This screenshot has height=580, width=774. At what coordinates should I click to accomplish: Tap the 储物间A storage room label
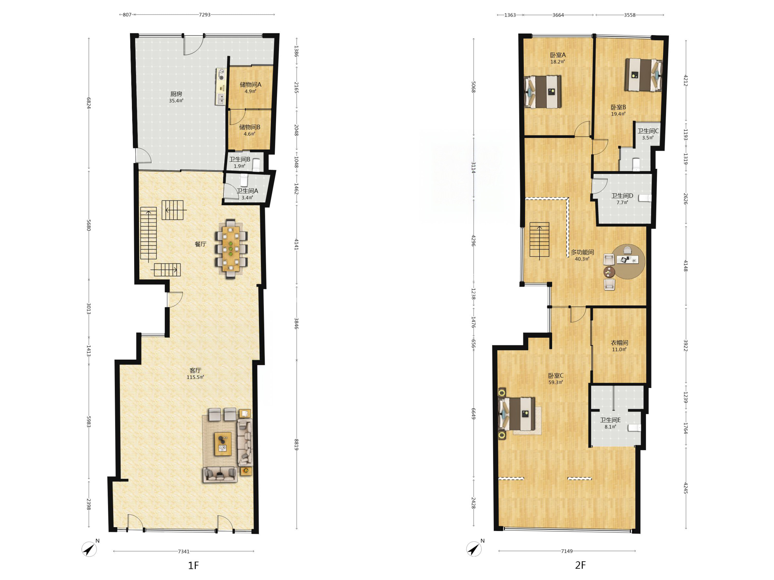(x=250, y=85)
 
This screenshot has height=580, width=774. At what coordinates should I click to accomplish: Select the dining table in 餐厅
(x=231, y=248)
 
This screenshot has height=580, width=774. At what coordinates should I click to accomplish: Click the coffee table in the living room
(x=223, y=444)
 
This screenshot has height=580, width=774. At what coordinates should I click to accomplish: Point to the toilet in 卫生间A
(x=244, y=180)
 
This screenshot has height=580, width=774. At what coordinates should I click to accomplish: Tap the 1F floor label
(x=193, y=566)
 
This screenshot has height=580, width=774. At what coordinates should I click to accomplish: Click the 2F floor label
(x=580, y=565)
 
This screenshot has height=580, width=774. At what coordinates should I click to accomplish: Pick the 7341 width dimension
(x=184, y=551)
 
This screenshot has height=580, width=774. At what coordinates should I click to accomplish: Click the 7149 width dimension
(x=567, y=551)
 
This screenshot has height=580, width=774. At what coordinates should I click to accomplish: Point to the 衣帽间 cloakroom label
(x=619, y=343)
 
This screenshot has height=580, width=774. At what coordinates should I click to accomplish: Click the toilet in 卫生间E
(x=634, y=428)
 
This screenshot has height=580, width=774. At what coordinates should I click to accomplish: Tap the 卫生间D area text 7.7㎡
(x=622, y=202)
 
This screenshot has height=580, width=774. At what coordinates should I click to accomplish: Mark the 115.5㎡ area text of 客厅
(x=195, y=377)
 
